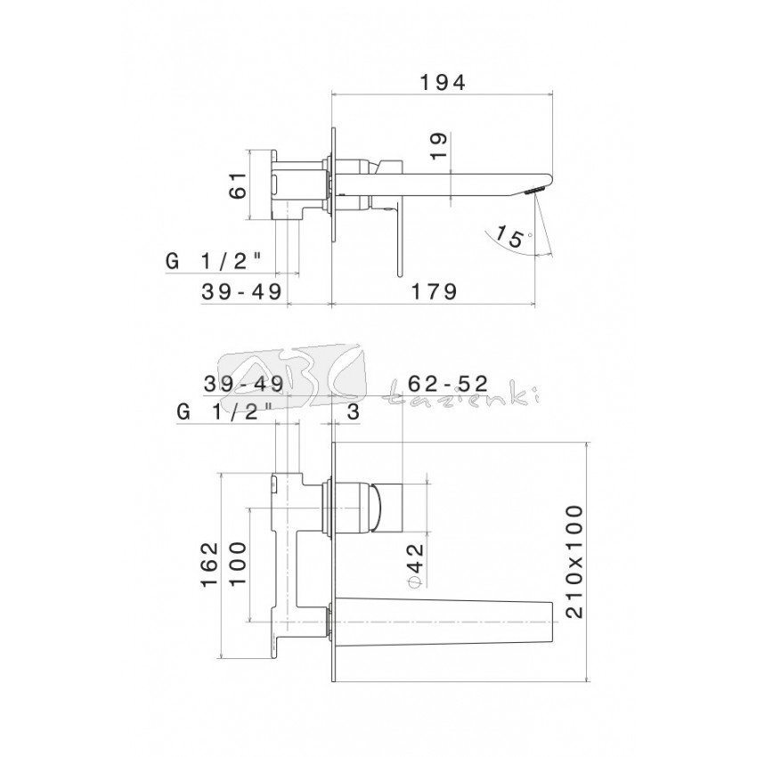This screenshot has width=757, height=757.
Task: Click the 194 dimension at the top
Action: pos(443,83)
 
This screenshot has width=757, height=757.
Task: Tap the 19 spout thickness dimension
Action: pos(439,146)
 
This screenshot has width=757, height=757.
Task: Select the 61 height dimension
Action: pos(238,185)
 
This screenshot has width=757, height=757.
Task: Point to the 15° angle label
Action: pos(513,237)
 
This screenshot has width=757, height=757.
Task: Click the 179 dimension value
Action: pos(434,291)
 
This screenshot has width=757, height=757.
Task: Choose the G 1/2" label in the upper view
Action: pos(214,262)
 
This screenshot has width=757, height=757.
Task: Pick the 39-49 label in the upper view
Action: pos(241,291)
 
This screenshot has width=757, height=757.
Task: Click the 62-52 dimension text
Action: pos(449,384)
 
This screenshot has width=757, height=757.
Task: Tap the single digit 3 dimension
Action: pos(354,412)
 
